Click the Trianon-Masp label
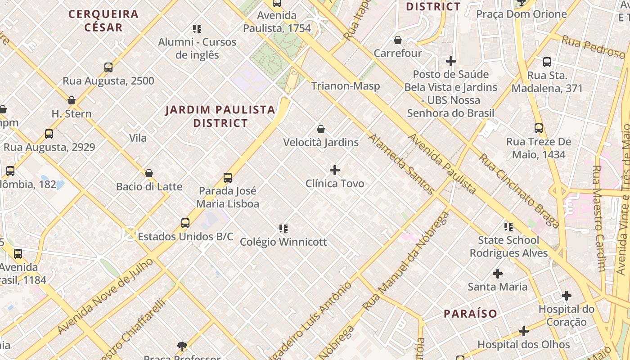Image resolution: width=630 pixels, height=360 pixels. point(346,85)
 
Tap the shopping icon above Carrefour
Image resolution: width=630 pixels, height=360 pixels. point(398,40)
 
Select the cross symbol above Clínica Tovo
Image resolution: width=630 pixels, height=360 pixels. point(335,170)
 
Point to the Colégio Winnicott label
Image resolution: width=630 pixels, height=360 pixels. point(283,242)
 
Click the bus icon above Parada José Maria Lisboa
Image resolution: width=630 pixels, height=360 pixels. point(228,178)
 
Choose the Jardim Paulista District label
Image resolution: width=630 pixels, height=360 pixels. point(220,116)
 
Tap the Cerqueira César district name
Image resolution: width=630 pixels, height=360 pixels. point(103,20)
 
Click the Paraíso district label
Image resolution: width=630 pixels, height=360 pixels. point(470,314)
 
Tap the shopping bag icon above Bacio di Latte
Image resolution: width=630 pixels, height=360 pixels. point(149,173)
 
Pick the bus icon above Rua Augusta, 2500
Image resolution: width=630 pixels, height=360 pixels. point(108,67)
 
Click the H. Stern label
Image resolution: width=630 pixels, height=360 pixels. point(72,114)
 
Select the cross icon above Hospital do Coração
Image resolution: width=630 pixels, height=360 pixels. point(567,296)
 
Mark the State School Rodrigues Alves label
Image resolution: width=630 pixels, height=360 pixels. point(508,247)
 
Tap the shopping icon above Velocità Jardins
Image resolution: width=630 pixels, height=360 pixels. point(321,130)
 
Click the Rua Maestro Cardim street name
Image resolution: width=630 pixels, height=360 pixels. point(598,218)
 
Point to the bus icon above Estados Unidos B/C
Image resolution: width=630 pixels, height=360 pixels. point(185,223)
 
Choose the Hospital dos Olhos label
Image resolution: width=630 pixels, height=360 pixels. point(524,345)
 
